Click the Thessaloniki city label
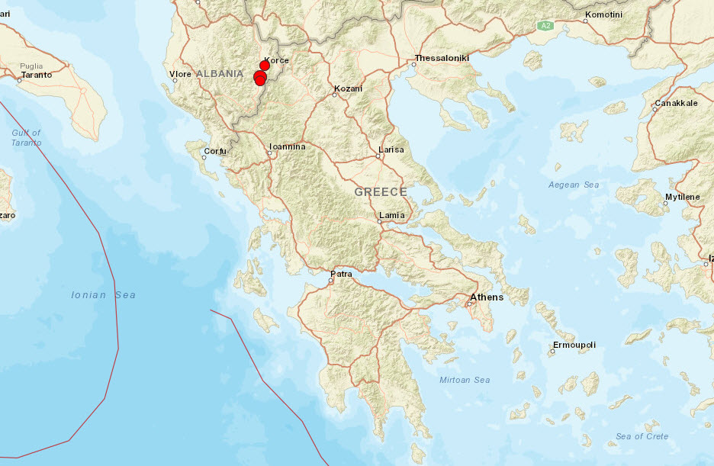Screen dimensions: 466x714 pos(442,58)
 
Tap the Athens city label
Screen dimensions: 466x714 pos(487,297)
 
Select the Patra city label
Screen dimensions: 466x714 pos(341,273)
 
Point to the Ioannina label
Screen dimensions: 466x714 pos(288,146)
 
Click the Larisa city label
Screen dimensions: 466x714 pos(391,149)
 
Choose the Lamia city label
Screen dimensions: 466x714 pos(392,215)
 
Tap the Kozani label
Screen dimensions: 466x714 pos(348,88)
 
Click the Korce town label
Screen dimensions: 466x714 pos(276,60)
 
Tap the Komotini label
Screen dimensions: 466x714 pos(603,15)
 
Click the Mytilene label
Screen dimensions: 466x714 pos(682,197)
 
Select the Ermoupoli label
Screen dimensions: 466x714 pos(574,345)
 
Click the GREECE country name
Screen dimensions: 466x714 pos(381,192)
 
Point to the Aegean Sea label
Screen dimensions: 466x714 pos(574,185)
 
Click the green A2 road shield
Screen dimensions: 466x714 pos(545,26)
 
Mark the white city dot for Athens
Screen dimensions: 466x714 pos(470,304)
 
